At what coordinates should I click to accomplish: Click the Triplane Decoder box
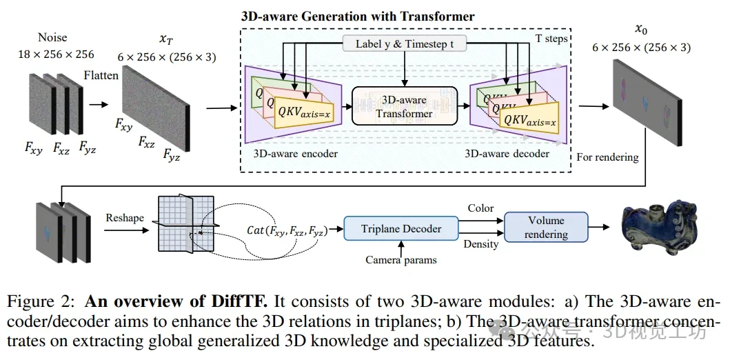[x=401, y=229]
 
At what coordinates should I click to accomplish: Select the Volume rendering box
[x=547, y=228]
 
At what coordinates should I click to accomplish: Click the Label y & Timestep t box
[x=405, y=44]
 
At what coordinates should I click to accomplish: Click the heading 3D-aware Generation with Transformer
[x=357, y=15]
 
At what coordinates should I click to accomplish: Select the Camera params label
[x=401, y=260]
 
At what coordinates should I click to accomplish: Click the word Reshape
[x=125, y=218]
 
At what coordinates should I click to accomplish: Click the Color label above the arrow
[x=480, y=208]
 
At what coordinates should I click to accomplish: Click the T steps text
[x=551, y=39]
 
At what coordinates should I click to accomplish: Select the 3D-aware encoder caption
[x=296, y=153]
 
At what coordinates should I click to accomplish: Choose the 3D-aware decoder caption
[x=507, y=153]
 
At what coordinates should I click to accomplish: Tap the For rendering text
[x=607, y=157]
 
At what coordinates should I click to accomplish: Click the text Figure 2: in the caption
[x=41, y=301]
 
